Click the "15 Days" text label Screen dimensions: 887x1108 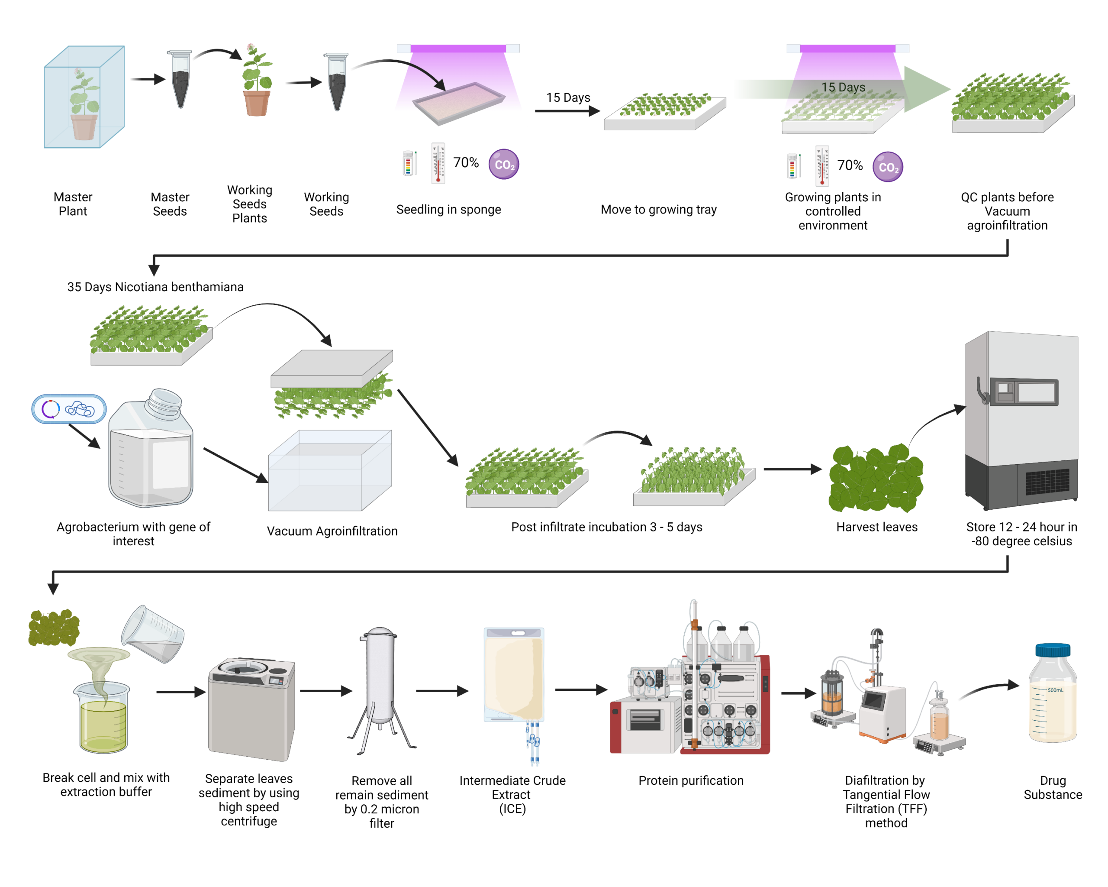[x=843, y=87]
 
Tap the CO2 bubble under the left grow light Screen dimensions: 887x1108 [x=504, y=165]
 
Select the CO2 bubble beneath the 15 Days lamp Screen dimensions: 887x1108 [x=888, y=167]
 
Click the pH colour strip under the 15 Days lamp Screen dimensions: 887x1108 [x=792, y=165]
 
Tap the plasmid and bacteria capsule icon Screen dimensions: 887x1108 [x=69, y=409]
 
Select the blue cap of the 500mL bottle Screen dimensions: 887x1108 [x=1053, y=650]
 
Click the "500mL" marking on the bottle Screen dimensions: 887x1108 [x=1055, y=690]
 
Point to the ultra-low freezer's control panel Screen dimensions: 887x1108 [x=1024, y=392]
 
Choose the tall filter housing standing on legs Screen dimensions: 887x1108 [x=380, y=679]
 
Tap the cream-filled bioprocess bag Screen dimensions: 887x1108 [x=514, y=673]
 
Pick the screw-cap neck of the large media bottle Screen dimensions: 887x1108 [x=165, y=401]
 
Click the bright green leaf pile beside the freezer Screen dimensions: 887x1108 [x=875, y=478]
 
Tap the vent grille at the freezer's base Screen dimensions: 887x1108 [x=1047, y=482]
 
